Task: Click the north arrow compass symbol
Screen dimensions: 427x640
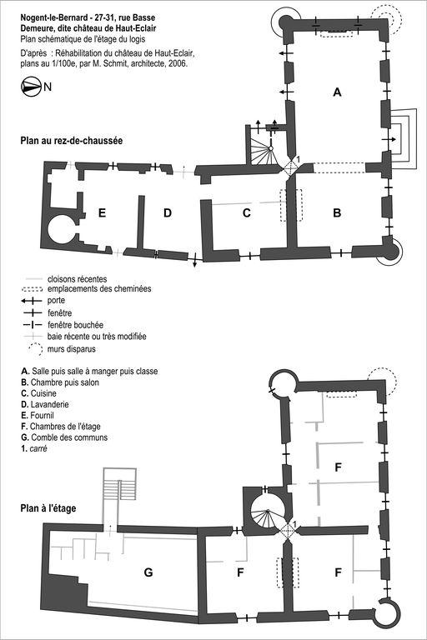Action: [31, 87]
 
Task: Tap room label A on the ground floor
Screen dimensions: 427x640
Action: [337, 92]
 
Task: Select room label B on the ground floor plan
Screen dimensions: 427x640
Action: [337, 212]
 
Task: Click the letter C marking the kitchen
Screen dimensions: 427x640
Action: [246, 213]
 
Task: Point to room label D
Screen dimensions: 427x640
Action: [168, 213]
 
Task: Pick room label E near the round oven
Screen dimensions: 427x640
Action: [102, 213]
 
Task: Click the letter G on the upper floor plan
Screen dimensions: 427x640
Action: [148, 572]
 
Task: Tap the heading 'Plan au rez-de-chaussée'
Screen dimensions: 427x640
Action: [72, 141]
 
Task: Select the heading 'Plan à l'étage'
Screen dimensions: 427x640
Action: [48, 508]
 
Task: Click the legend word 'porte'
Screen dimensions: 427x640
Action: [56, 300]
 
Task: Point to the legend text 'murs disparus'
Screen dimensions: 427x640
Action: [72, 349]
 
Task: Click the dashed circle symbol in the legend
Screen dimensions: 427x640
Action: [35, 349]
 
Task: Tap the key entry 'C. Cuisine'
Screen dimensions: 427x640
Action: [39, 393]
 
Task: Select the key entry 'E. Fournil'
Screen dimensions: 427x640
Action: [38, 416]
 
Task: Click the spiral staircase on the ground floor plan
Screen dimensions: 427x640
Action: [264, 152]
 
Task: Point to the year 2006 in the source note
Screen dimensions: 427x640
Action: [178, 63]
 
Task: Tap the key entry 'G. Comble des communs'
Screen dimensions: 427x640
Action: [64, 437]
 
